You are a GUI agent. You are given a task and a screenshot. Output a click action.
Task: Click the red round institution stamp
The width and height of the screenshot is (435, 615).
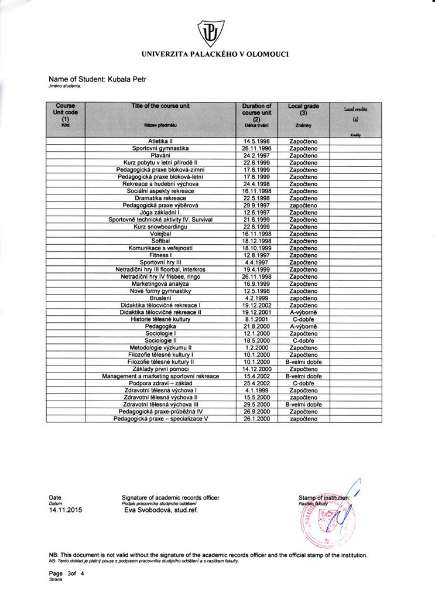click(x=322, y=518)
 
